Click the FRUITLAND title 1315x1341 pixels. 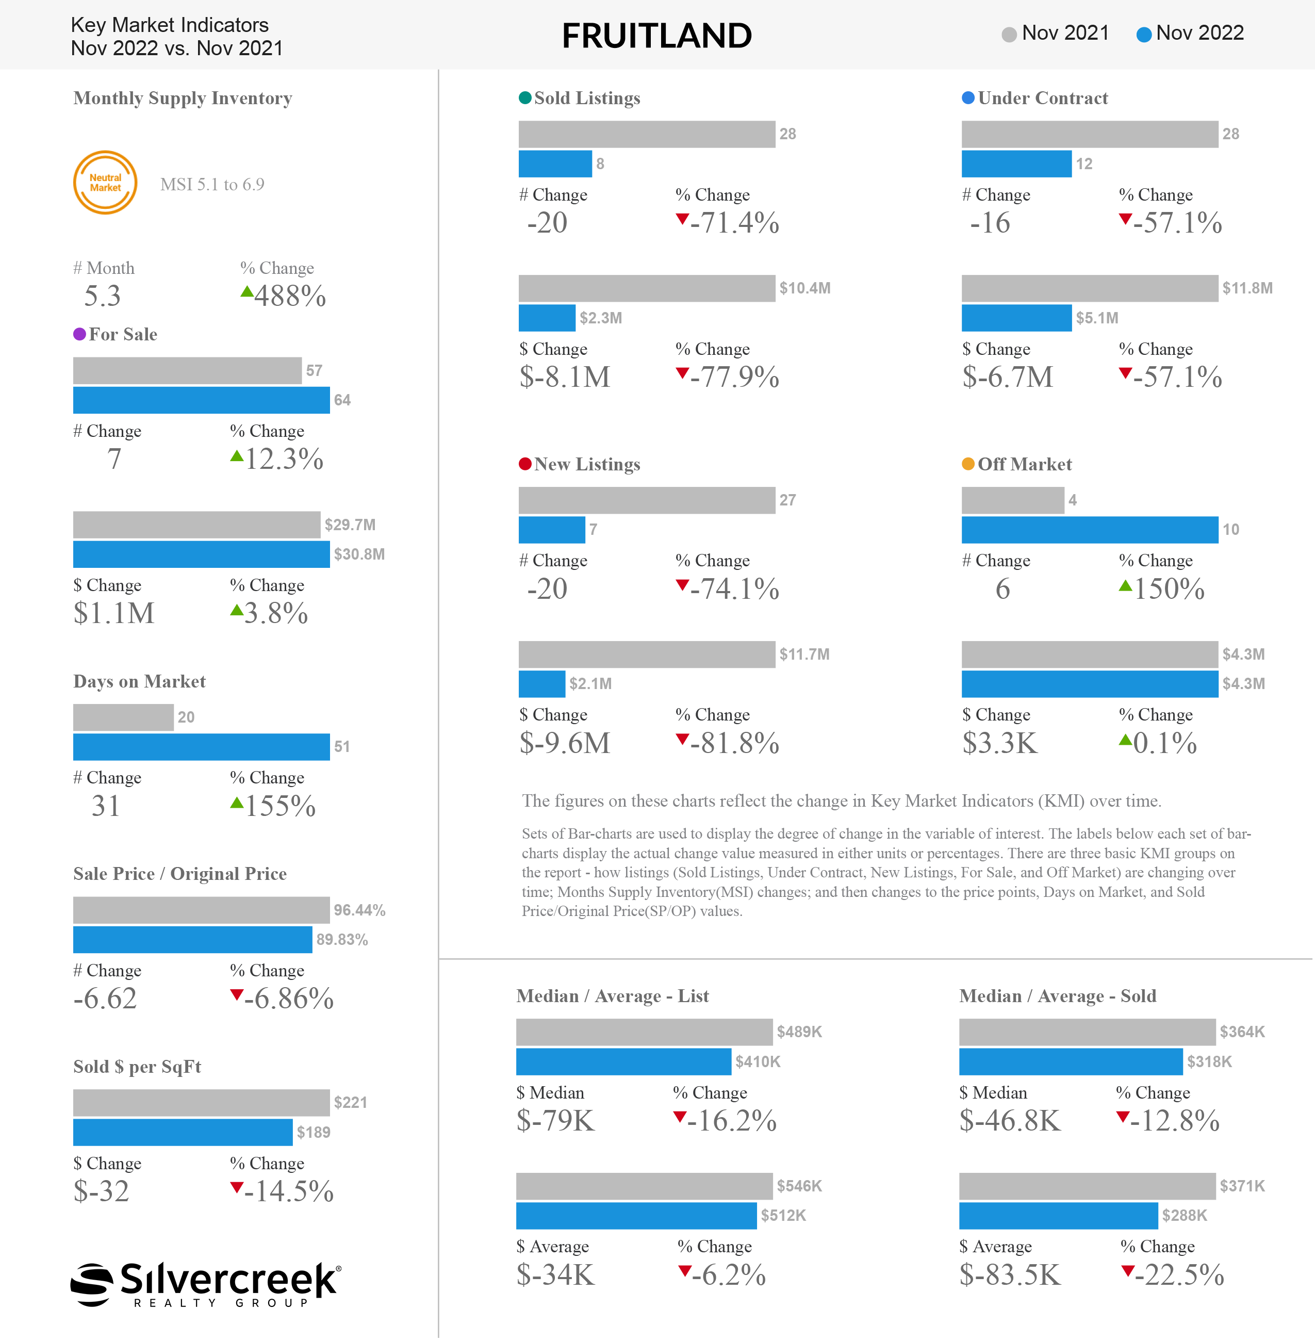coord(657,36)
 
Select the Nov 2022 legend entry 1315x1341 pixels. coord(1190,33)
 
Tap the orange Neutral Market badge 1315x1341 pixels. coord(105,183)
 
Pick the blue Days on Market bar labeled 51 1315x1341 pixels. coord(202,747)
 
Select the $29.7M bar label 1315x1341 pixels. coord(350,525)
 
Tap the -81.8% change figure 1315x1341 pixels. coord(735,743)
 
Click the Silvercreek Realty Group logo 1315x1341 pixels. coord(206,1284)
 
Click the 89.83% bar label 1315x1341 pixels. coord(342,940)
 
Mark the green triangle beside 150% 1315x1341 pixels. coord(1125,586)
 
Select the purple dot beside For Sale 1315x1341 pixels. coord(79,334)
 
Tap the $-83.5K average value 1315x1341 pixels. coord(1010,1275)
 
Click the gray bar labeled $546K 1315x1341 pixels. coord(645,1186)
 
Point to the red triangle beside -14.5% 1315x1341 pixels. coord(236,1188)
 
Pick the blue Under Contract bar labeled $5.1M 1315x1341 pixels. coord(1016,318)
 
